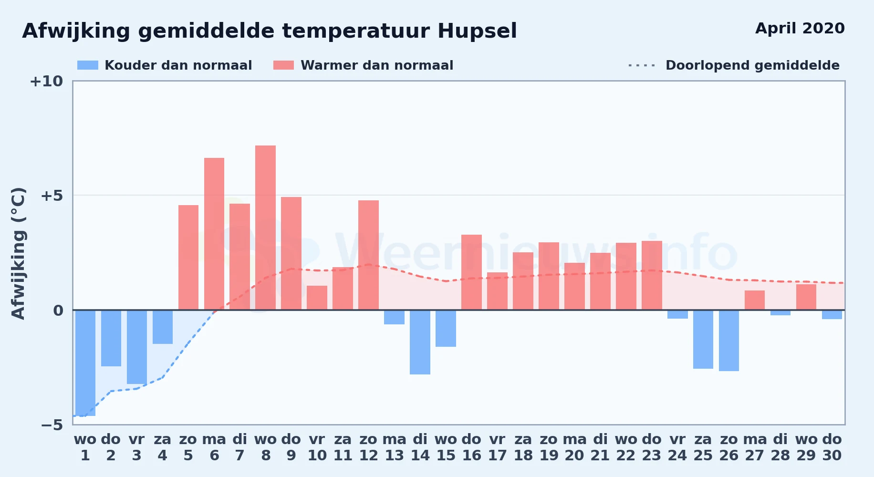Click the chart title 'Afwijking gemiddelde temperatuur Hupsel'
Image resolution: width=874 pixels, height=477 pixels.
(x=270, y=31)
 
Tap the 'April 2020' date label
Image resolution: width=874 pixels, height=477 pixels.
(x=800, y=29)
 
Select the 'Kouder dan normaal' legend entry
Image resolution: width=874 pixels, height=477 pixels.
(x=165, y=65)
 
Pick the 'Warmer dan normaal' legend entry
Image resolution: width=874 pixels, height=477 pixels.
(x=364, y=65)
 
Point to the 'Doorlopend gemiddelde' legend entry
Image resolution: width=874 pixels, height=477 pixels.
(x=734, y=65)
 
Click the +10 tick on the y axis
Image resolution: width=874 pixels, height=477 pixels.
(x=46, y=82)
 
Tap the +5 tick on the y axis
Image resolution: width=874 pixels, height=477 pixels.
(x=52, y=196)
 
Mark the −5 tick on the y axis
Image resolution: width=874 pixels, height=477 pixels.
(x=52, y=425)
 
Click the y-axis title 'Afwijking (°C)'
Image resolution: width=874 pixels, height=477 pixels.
(x=18, y=253)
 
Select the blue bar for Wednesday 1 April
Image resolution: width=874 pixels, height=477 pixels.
(x=85, y=363)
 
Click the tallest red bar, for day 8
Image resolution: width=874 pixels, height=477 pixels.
(x=265, y=228)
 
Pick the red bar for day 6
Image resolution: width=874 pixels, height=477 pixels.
(x=214, y=234)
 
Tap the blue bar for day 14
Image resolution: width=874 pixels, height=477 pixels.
(x=420, y=342)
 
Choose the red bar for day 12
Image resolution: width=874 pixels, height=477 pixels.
(x=368, y=255)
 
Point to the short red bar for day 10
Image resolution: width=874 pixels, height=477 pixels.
(x=317, y=298)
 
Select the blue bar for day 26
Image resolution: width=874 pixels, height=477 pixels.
(x=729, y=341)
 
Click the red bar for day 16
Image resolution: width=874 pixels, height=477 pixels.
(x=471, y=272)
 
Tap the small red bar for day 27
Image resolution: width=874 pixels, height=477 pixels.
(x=755, y=300)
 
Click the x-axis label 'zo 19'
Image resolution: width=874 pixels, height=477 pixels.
(x=549, y=447)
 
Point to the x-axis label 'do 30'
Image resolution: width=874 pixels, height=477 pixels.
(x=832, y=447)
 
